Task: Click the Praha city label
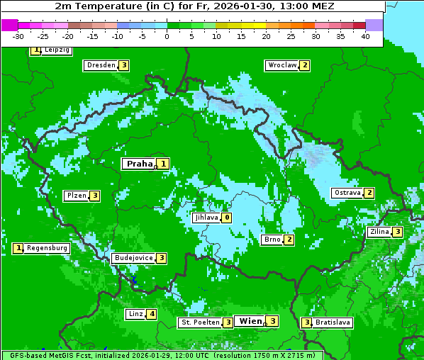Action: click(140, 164)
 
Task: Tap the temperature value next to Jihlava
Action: click(226, 218)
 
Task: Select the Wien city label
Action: click(250, 321)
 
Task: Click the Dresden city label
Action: click(101, 65)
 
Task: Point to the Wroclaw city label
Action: click(281, 65)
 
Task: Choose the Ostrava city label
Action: click(347, 193)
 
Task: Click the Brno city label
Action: click(272, 240)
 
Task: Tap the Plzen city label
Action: click(76, 196)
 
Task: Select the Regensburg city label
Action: click(48, 248)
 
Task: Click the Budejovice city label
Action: click(133, 258)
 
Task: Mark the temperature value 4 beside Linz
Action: click(152, 314)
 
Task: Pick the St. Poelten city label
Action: click(200, 322)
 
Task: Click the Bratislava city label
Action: click(333, 322)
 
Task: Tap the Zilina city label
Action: click(379, 232)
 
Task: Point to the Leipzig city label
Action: click(56, 50)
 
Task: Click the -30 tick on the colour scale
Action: click(18, 36)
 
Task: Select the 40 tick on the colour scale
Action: click(365, 36)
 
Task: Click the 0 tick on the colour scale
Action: click(167, 36)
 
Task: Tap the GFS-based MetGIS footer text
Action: click(162, 355)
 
